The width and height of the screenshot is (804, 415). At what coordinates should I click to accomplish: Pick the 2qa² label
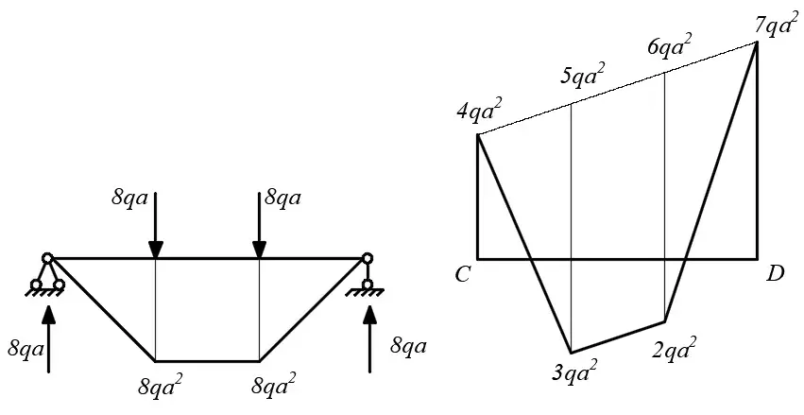[x=675, y=350]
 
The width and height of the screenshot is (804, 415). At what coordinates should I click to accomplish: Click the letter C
[x=462, y=275]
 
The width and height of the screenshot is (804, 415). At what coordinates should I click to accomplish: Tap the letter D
[x=776, y=274]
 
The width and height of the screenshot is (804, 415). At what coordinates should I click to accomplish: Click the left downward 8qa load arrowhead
[x=155, y=249]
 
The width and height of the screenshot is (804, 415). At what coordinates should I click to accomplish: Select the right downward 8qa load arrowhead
[x=260, y=249]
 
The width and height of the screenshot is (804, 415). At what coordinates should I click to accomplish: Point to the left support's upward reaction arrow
[x=48, y=339]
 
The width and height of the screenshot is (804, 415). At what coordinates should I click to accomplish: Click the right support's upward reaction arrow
[x=369, y=339]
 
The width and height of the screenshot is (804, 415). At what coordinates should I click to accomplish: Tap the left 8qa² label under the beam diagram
[x=161, y=385]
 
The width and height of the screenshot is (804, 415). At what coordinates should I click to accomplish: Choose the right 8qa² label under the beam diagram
[x=274, y=384]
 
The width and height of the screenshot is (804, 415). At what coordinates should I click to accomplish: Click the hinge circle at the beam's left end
[x=47, y=258]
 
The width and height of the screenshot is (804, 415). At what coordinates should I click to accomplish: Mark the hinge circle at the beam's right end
[x=368, y=258]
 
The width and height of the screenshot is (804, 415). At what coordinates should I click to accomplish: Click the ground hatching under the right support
[x=365, y=292]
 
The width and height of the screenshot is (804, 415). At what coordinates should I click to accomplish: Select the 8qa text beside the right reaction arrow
[x=408, y=347]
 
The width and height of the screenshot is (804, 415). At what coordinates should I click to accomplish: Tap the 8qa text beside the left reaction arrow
[x=25, y=350]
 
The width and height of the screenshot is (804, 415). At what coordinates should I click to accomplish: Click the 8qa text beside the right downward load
[x=282, y=198]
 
